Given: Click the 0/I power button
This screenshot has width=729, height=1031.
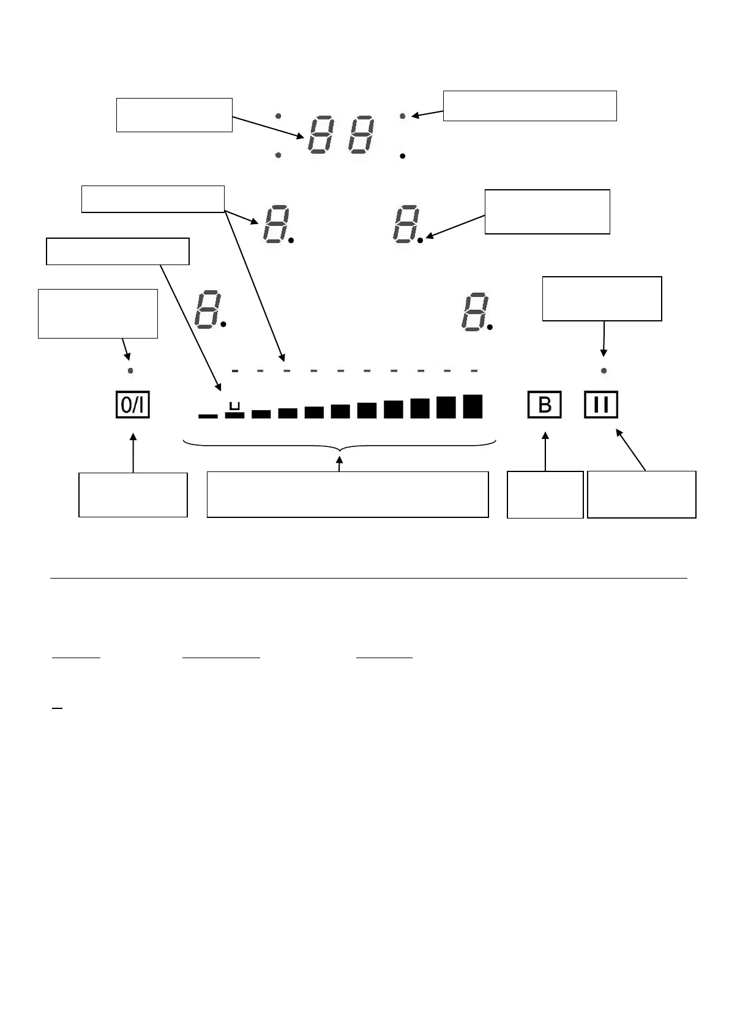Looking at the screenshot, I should coord(133,405).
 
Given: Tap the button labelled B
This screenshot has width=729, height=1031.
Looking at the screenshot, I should coord(544,405).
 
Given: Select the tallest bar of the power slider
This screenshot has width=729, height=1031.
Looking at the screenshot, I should coord(473,406).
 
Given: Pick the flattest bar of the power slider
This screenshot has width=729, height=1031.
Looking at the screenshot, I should coord(208,416).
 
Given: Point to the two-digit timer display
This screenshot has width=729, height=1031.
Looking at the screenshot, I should coord(341,136).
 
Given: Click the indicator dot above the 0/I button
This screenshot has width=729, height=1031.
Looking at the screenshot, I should coord(130,370).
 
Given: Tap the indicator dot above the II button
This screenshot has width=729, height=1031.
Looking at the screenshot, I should coord(604,370).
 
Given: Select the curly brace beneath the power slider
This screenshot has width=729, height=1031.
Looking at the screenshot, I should coord(340,444).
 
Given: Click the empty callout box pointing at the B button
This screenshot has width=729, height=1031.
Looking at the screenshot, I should coord(545,495).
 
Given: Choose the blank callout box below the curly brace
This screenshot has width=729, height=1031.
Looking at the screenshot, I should coord(348,495).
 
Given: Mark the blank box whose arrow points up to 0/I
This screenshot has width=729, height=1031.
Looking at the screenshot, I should coord(133,495).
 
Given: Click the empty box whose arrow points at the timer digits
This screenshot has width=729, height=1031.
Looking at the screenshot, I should coord(174,114).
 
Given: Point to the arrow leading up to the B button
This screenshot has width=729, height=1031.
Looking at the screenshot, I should coord(545,452).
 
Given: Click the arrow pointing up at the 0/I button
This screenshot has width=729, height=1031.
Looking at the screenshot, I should coord(133,453).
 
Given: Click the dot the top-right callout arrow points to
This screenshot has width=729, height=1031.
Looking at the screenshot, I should coord(403,115).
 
